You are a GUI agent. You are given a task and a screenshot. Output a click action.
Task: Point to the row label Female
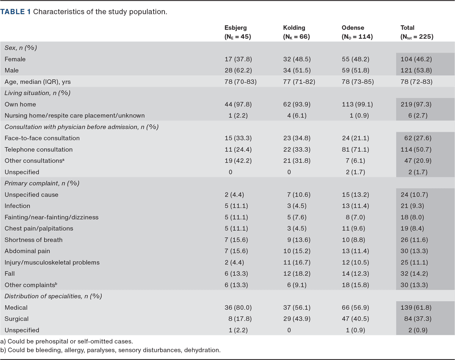click(15, 59)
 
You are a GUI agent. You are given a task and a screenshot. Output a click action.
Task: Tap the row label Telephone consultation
click(38, 149)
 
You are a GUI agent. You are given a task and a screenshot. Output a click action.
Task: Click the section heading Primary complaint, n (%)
click(42, 183)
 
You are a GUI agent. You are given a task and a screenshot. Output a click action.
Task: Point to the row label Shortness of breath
click(34, 240)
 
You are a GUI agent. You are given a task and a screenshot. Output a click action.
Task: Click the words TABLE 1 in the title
click(16, 12)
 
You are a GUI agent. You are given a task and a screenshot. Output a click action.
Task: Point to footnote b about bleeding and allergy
click(110, 350)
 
